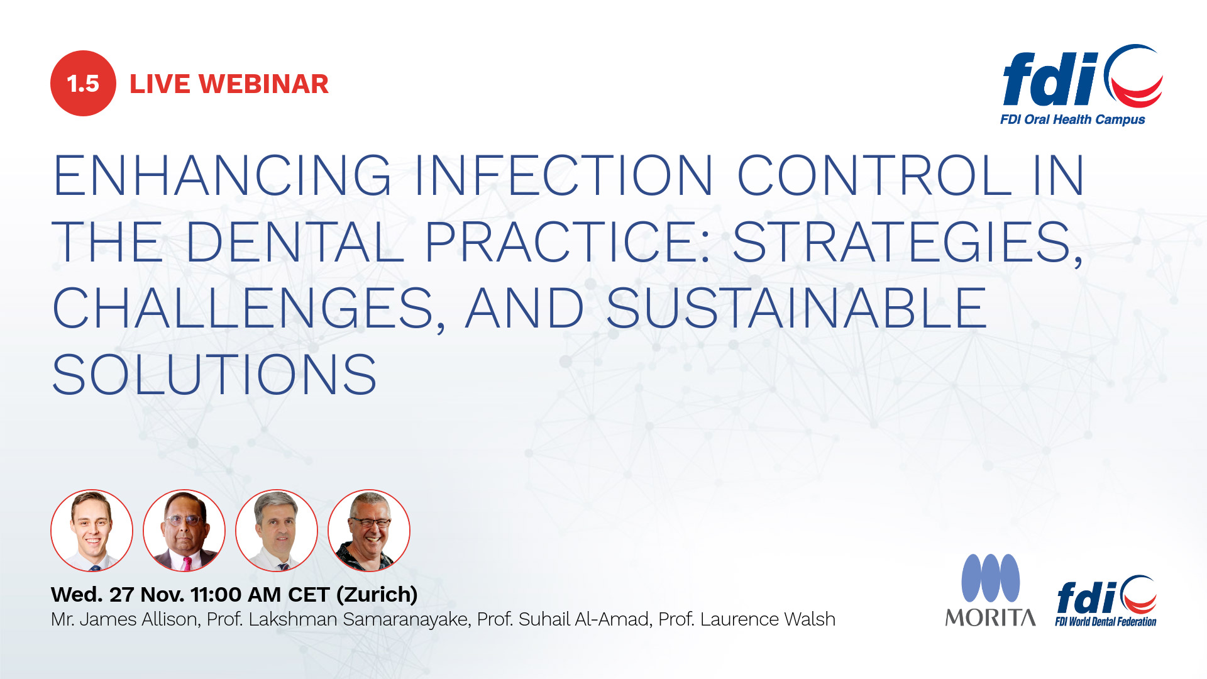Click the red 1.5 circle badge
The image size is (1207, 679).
[x=83, y=83]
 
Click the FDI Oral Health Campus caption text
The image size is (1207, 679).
[x=1072, y=119]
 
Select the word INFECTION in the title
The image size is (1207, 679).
[x=564, y=175]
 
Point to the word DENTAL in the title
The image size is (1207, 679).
[x=294, y=242]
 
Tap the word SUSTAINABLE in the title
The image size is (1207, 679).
[x=796, y=308]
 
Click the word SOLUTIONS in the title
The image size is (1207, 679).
[x=214, y=375]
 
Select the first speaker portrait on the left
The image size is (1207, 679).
[x=92, y=531]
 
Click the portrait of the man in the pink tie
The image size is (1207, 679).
[x=184, y=531]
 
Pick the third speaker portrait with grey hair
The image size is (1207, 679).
[x=277, y=531]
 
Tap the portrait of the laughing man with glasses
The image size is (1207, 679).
[x=369, y=531]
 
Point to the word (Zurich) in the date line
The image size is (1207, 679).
[x=377, y=595]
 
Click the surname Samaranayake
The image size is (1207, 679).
[x=407, y=620]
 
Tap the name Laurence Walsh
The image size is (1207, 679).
[x=768, y=619]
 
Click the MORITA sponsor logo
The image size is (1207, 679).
[x=991, y=590]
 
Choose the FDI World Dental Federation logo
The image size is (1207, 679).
[x=1106, y=601]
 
